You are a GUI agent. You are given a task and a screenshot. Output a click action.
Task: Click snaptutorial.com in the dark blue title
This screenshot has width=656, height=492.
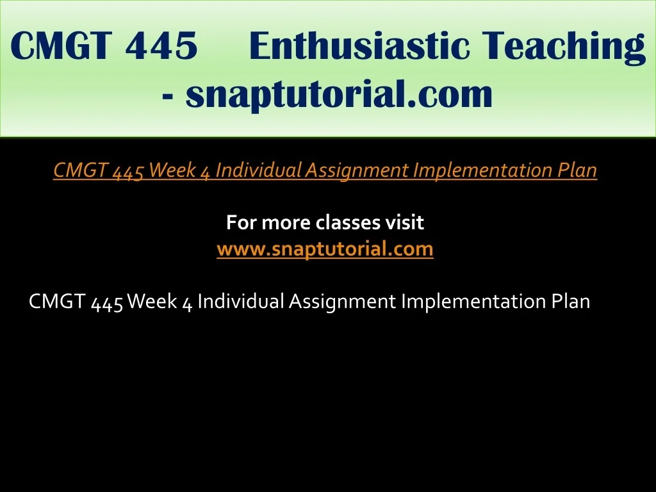tap(339, 94)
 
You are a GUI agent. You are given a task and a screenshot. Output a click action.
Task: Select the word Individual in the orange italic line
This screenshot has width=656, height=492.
tap(258, 169)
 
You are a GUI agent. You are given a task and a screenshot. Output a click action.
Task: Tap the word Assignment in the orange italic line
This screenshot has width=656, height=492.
tap(357, 170)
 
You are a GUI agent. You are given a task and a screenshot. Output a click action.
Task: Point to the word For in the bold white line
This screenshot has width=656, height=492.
tap(242, 222)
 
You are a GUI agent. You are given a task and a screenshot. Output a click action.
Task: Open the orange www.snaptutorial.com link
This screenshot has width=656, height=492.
tap(325, 249)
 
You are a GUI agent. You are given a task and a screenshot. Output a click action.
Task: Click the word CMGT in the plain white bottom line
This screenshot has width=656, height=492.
tap(57, 301)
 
